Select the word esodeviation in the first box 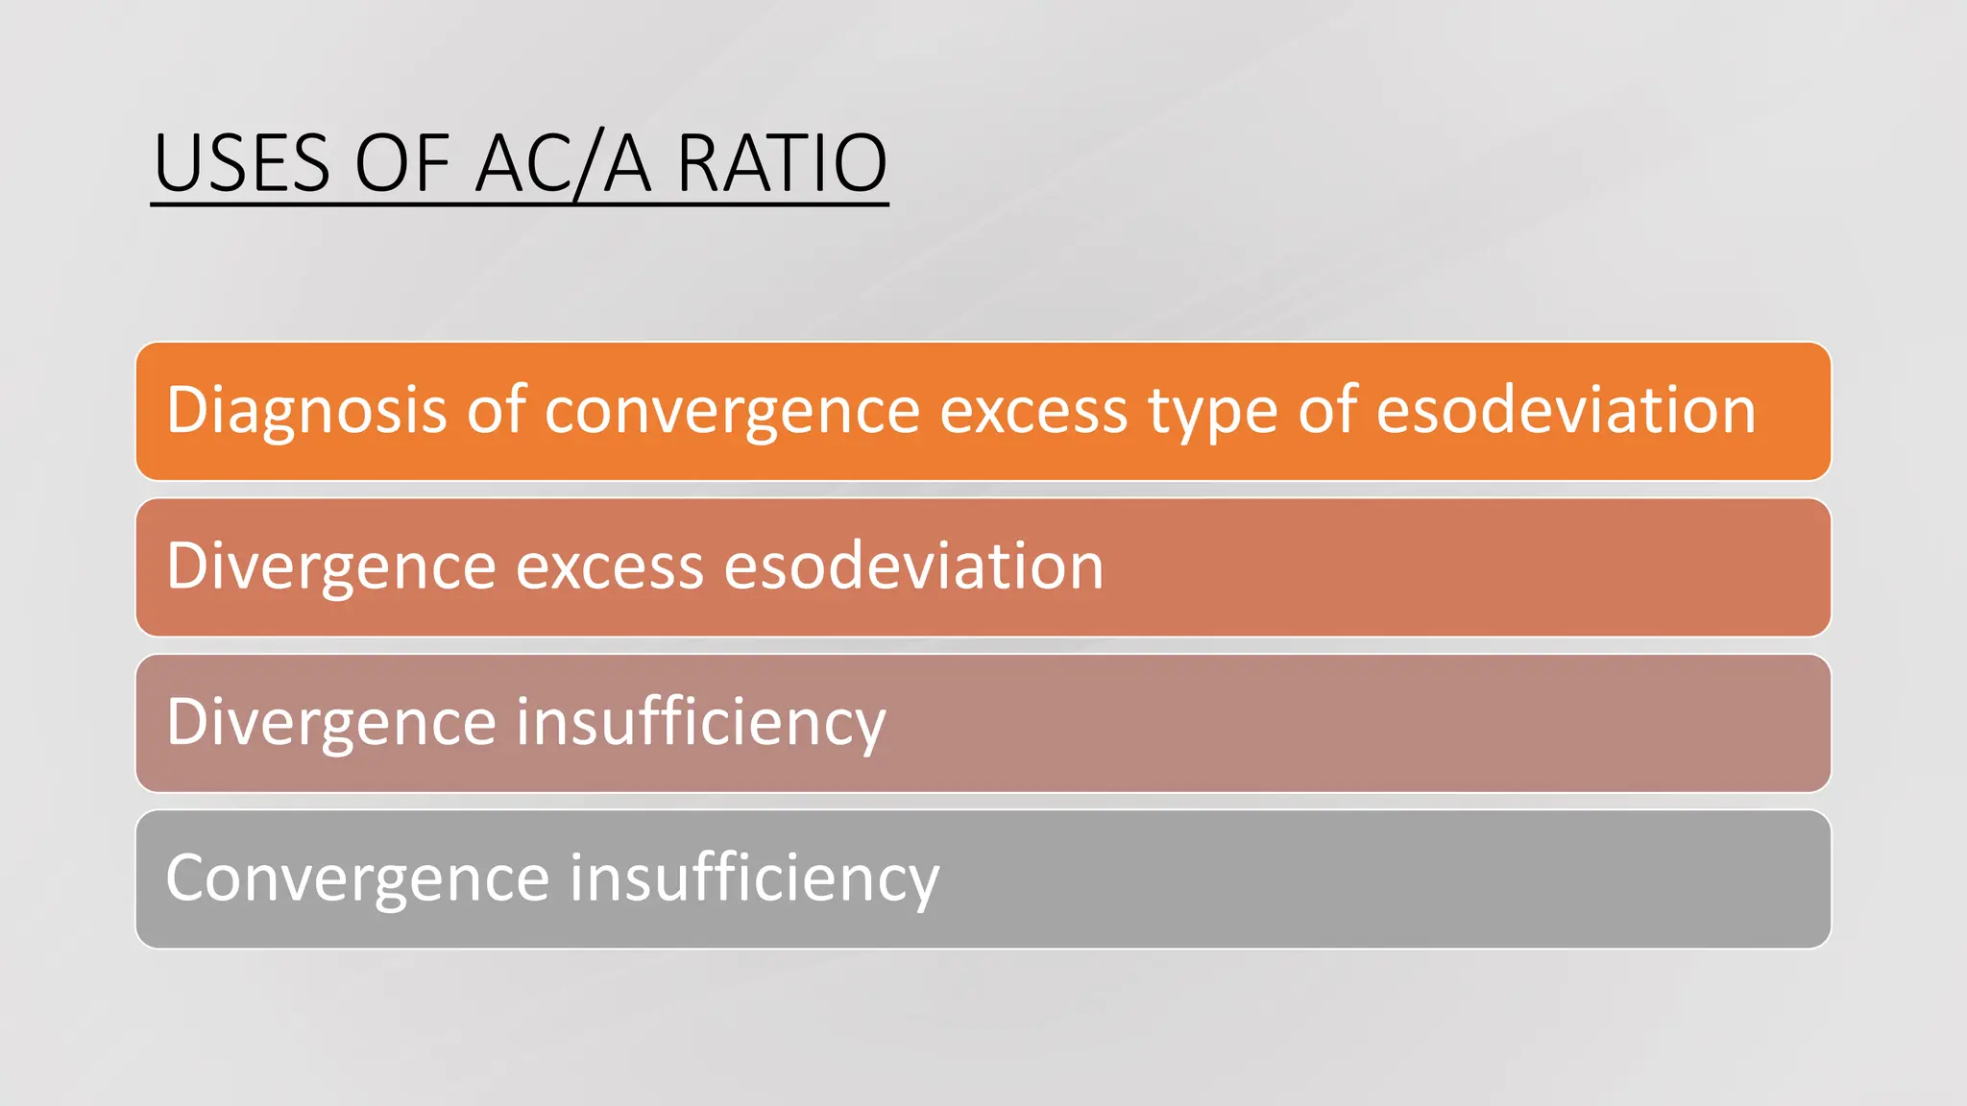pos(1566,410)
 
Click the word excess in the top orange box pos(1033,411)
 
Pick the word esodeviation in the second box pos(913,565)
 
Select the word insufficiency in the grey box pos(755,878)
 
